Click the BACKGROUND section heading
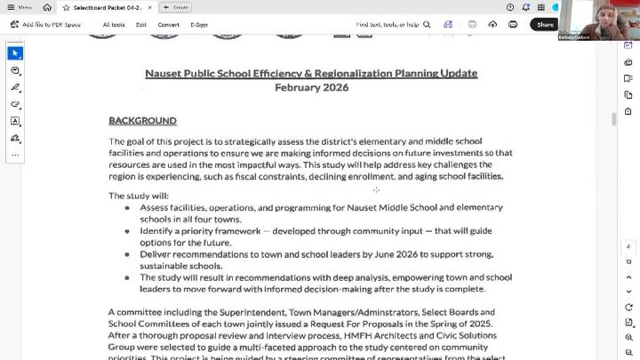[x=142, y=120]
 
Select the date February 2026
[x=311, y=87]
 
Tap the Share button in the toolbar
[x=545, y=25]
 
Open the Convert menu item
[x=168, y=25]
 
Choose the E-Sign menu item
[x=199, y=25]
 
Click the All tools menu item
[x=113, y=25]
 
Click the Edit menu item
[x=141, y=25]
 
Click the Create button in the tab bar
[x=176, y=7]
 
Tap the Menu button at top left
[x=20, y=7]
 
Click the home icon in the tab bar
[x=47, y=7]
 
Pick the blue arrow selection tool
[x=15, y=53]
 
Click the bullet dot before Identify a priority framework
[x=127, y=231]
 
